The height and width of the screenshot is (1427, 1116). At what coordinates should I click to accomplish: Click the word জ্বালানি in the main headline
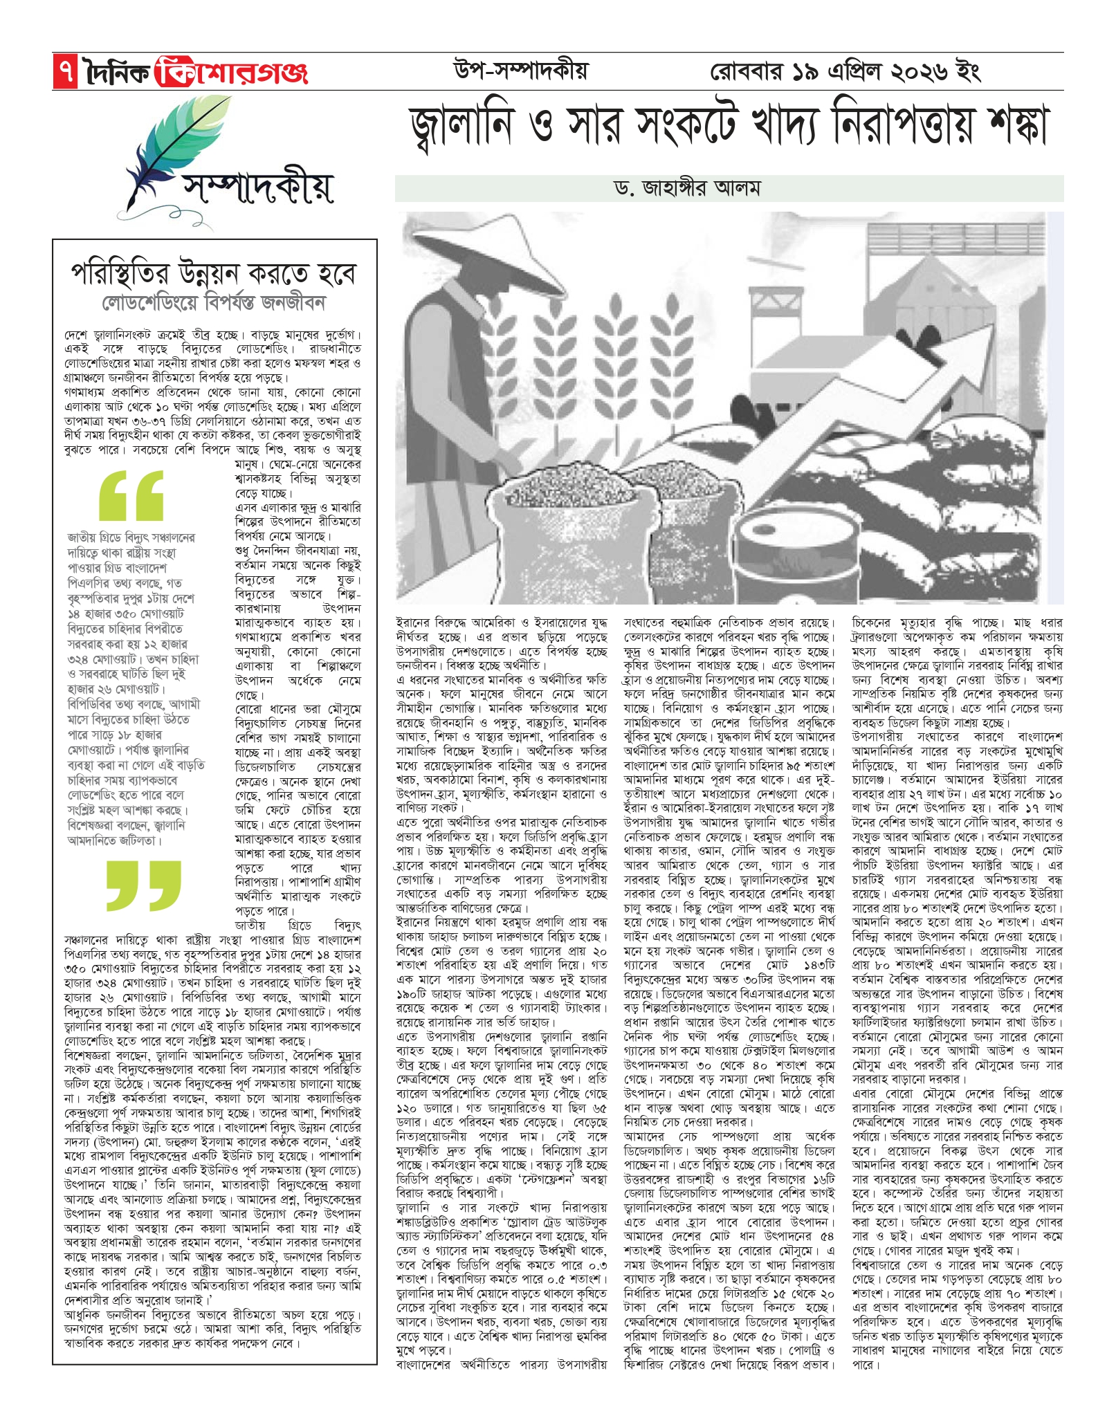point(471,127)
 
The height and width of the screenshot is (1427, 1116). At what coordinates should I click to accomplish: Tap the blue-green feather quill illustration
point(163,149)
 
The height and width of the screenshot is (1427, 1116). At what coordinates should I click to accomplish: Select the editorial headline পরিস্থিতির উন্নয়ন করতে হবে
point(214,275)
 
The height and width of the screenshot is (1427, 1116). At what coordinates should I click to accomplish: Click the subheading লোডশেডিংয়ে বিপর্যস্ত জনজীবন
point(214,303)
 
